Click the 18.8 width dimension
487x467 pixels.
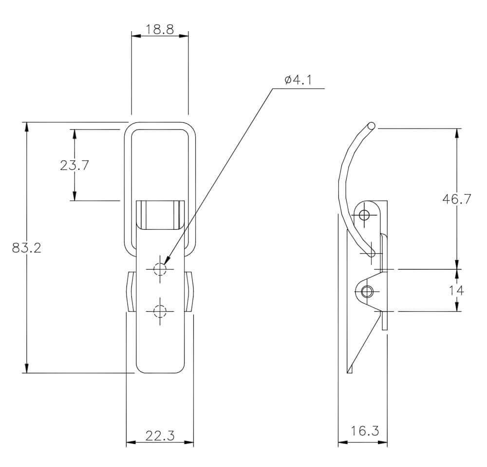[160, 29]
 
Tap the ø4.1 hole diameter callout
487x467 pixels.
[298, 80]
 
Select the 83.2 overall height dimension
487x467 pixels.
[27, 248]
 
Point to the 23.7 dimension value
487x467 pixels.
[75, 165]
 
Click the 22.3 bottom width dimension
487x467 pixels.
[160, 436]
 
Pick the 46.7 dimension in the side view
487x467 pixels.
[457, 199]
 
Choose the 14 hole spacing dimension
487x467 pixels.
[457, 291]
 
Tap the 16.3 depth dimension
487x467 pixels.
[365, 430]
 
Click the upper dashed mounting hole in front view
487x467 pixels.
[160, 269]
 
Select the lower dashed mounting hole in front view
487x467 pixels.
[160, 311]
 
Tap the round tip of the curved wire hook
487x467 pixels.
[371, 126]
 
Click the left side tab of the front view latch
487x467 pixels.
[131, 292]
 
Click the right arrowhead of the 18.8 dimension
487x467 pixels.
[184, 36]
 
